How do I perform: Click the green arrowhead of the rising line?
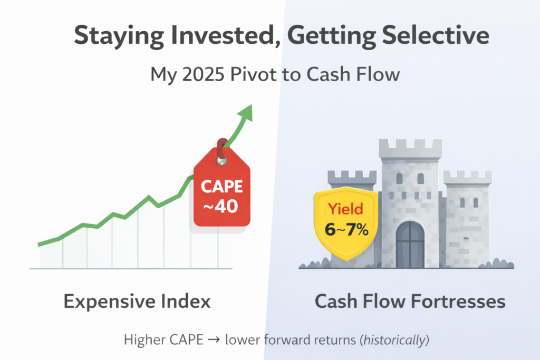246,112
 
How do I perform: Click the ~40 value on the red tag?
220,206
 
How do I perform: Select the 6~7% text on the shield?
345,230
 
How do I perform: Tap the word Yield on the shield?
345,209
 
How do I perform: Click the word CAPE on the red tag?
221,186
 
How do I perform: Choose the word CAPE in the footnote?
186,340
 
